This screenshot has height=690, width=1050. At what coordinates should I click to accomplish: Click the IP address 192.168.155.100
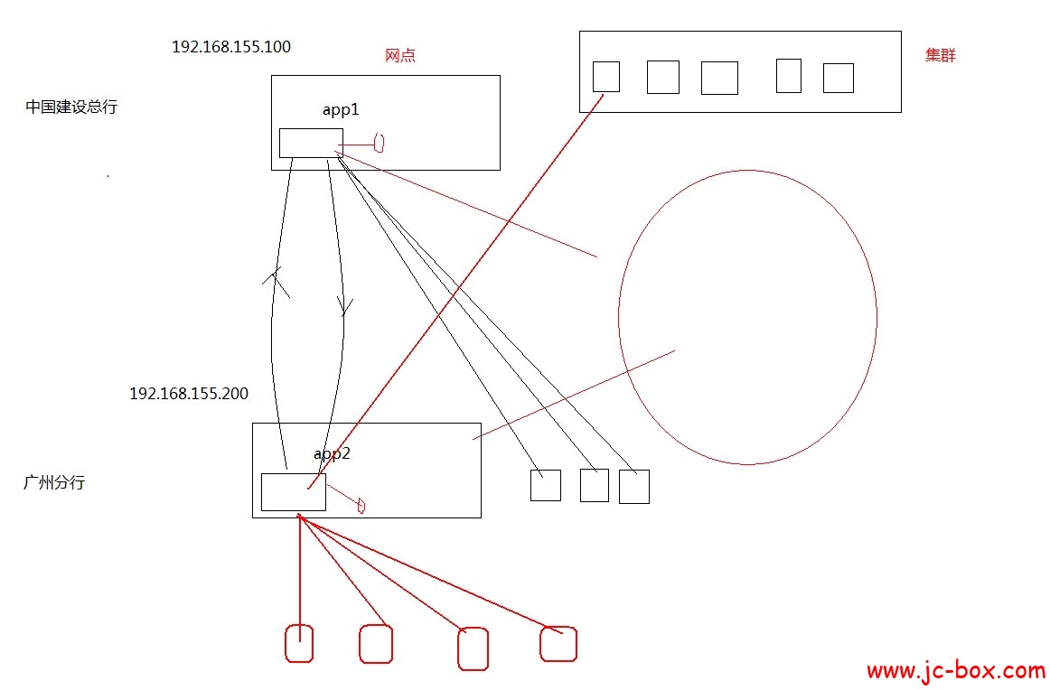tap(231, 47)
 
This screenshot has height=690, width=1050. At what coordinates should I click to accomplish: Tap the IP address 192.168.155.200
tap(189, 394)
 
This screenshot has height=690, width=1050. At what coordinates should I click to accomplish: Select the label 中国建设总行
tap(71, 107)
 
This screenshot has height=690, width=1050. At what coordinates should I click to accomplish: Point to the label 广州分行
tap(54, 482)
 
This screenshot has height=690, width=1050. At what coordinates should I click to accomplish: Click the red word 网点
tap(400, 55)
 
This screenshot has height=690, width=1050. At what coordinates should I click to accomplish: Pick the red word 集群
tap(941, 55)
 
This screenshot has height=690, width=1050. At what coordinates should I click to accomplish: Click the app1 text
tap(341, 109)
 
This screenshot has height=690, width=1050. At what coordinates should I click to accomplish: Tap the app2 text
tap(332, 453)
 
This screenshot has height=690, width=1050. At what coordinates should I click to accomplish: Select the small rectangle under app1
tap(311, 143)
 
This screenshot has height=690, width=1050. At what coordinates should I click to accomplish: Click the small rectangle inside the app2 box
tap(293, 491)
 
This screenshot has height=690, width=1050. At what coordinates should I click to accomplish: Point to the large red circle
tap(747, 317)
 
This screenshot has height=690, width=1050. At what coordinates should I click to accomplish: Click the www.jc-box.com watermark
tap(955, 671)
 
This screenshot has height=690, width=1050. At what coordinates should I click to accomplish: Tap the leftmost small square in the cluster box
tap(606, 77)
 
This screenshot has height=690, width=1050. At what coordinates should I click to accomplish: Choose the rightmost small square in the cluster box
tap(839, 78)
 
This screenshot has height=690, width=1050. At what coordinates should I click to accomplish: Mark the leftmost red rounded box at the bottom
tap(299, 644)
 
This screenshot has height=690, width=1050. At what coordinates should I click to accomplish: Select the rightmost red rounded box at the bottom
tap(558, 644)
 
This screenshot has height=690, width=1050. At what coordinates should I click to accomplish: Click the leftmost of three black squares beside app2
tap(545, 485)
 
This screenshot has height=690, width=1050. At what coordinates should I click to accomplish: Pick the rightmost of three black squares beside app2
tap(634, 487)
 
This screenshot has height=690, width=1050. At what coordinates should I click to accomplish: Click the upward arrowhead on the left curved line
tap(276, 280)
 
